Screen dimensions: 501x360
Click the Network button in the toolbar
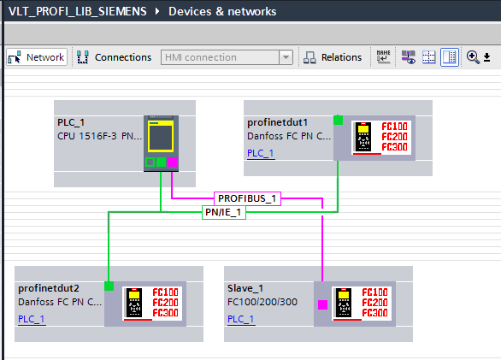pyautogui.click(x=37, y=57)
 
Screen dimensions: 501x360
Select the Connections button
pyautogui.click(x=114, y=57)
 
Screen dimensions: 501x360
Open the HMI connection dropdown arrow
pyautogui.click(x=286, y=57)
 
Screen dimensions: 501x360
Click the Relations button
pyautogui.click(x=333, y=57)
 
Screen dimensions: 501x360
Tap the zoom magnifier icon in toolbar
pyautogui.click(x=473, y=57)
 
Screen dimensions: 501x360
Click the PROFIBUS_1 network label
pyautogui.click(x=247, y=198)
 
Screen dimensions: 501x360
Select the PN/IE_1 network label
pyautogui.click(x=224, y=212)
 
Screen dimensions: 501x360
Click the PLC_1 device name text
pyautogui.click(x=71, y=122)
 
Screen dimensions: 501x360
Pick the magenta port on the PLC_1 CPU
pyautogui.click(x=172, y=162)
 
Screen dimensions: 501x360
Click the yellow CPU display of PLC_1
pyautogui.click(x=161, y=136)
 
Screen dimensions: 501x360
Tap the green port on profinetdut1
pyautogui.click(x=338, y=121)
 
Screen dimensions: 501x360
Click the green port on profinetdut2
pyautogui.click(x=109, y=286)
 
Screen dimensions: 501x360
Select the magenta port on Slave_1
pyautogui.click(x=322, y=304)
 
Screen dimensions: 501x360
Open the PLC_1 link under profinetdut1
pyautogui.click(x=261, y=153)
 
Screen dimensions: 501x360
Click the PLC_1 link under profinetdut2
pyautogui.click(x=32, y=319)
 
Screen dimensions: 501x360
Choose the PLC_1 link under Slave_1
pyautogui.click(x=241, y=319)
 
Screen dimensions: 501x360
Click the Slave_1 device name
pyautogui.click(x=245, y=288)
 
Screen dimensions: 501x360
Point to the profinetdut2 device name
pyautogui.click(x=49, y=288)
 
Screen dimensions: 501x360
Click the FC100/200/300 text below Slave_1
pyautogui.click(x=262, y=302)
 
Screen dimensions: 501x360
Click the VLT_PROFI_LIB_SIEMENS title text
pyautogui.click(x=78, y=11)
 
